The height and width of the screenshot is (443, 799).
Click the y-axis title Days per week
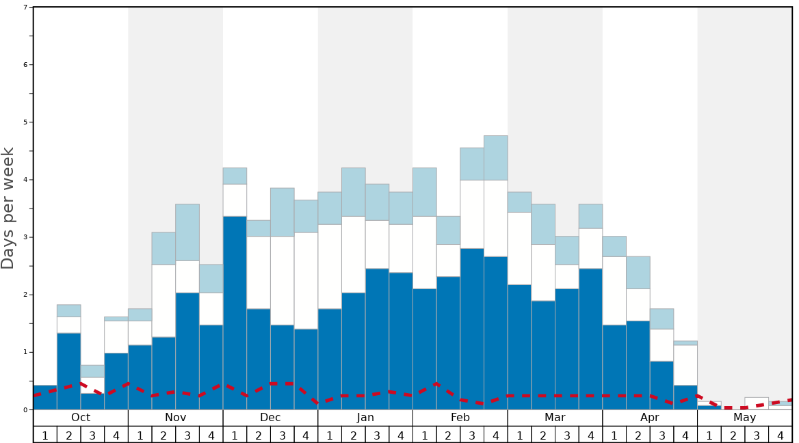[x=8, y=209]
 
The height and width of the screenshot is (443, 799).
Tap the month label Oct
[x=81, y=418]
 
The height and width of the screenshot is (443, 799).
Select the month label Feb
[x=460, y=418]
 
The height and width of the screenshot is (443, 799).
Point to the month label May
[x=745, y=418]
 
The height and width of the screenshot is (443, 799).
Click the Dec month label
[x=270, y=418]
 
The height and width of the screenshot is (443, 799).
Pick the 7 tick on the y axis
[x=25, y=8]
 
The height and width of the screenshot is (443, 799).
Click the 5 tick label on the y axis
[x=25, y=122]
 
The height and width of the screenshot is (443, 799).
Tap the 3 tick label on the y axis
[x=25, y=237]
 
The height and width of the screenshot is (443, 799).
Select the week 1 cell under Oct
[x=45, y=435]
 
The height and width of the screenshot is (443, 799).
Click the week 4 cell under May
[x=781, y=435]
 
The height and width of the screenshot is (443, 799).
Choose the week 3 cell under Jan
[x=377, y=435]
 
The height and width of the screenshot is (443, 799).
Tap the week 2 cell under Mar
[x=543, y=435]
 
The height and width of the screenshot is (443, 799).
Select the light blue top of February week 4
[x=496, y=158]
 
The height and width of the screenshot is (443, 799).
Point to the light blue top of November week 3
[x=187, y=232]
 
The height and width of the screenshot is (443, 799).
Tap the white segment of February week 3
[x=472, y=214]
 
